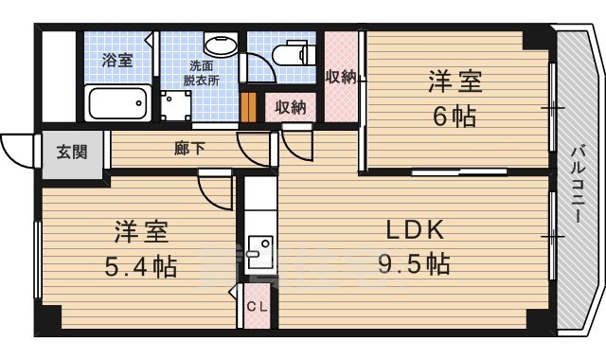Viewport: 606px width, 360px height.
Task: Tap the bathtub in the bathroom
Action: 117,101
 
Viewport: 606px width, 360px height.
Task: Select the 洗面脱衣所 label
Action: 202,74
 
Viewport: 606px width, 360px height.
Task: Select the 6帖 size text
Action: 450,117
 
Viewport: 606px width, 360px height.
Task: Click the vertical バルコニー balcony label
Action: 577,185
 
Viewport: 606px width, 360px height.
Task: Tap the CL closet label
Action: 257,306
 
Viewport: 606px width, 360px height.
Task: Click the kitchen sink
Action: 257,252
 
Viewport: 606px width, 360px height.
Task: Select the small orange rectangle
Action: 248,107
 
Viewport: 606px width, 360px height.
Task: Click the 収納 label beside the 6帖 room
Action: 341,77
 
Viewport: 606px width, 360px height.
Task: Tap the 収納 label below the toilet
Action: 291,107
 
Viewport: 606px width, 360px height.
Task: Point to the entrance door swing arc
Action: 16,145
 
